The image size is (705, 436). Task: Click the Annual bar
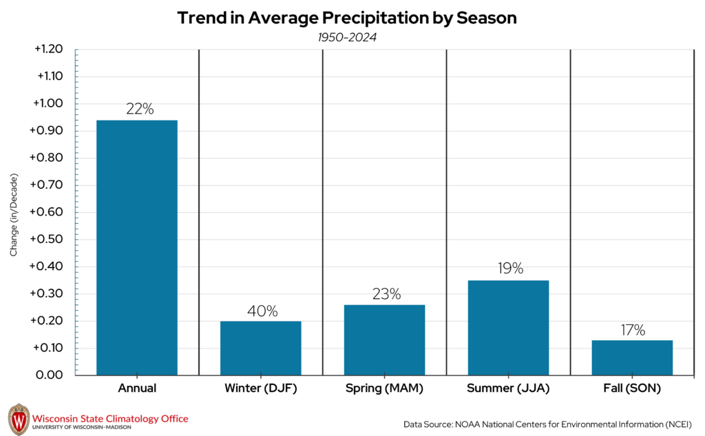[137, 248]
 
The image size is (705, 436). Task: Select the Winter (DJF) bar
[260, 348]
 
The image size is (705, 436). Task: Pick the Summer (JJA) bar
[508, 328]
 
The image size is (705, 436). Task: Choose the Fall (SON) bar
[632, 357]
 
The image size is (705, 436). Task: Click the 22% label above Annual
[139, 109]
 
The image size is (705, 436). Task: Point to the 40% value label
[262, 311]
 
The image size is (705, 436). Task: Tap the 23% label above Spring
[386, 294]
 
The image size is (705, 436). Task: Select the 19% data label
[510, 269]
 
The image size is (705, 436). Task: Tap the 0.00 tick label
[49, 375]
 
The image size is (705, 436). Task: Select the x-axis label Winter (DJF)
[260, 388]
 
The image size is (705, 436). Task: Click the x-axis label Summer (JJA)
[508, 388]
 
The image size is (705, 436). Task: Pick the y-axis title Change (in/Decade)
[14, 216]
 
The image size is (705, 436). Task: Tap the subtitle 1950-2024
[347, 37]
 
